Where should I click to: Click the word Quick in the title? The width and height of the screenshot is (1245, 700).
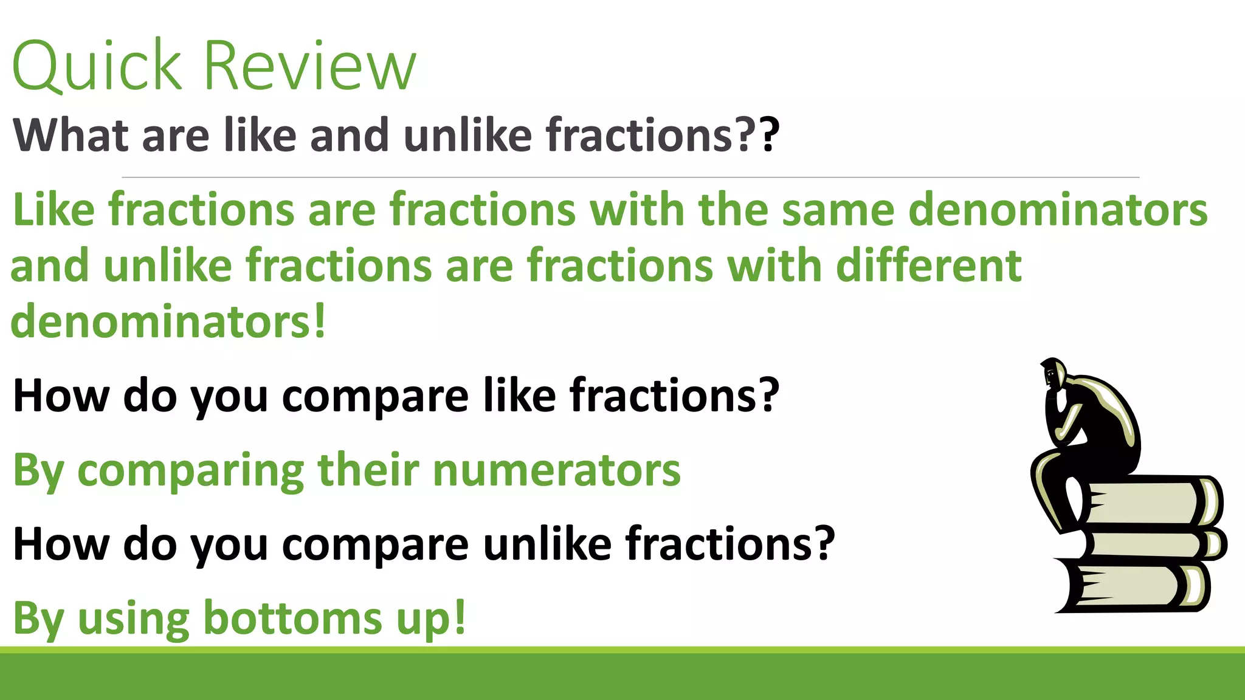(97, 66)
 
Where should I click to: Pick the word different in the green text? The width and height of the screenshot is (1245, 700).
(929, 266)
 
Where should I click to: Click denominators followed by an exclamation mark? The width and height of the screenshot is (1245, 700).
(168, 322)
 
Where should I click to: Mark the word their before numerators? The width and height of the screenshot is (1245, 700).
(368, 470)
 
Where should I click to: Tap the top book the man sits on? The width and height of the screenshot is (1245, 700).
(1149, 502)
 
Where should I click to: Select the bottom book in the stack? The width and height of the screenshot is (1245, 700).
(1131, 587)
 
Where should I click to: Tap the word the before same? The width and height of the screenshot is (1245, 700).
(733, 210)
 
